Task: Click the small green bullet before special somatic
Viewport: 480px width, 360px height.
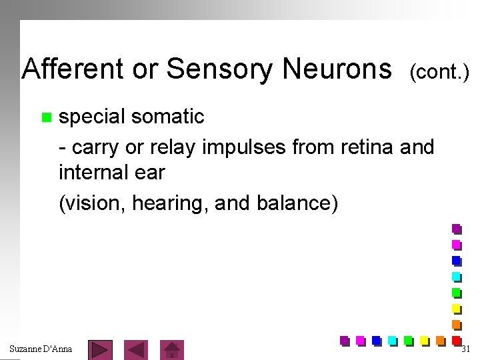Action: click(x=45, y=118)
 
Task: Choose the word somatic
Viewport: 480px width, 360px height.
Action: click(x=168, y=117)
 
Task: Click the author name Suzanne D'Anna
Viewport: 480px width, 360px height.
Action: click(x=41, y=349)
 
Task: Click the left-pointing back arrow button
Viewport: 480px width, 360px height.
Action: click(x=137, y=349)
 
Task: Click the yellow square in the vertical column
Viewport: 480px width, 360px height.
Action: click(x=457, y=308)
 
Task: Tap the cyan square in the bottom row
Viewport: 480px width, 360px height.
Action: click(x=392, y=341)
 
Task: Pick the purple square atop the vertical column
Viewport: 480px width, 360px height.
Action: click(x=457, y=229)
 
